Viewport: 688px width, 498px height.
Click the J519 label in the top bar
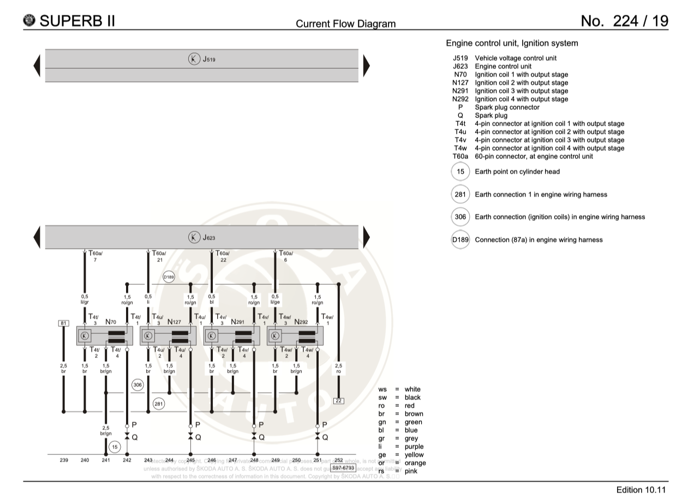click(209, 59)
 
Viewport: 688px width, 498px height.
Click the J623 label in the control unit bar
click(209, 237)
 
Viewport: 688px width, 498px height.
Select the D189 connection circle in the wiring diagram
click(169, 277)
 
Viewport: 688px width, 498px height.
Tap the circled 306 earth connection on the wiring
click(137, 385)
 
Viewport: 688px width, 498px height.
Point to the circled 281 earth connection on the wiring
click(158, 404)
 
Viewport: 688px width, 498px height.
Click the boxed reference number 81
click(63, 324)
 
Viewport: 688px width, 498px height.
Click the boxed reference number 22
click(339, 401)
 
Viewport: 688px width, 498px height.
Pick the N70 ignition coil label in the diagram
click(111, 322)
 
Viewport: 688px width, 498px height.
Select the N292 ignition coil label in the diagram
click(301, 322)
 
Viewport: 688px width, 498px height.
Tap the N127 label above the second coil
click(175, 322)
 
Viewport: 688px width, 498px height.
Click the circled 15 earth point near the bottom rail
click(115, 447)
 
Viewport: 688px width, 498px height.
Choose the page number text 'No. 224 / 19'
click(624, 21)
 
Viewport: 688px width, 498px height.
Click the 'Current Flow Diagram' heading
click(345, 23)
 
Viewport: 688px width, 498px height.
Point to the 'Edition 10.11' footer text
click(641, 490)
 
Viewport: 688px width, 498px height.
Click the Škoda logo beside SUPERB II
click(29, 21)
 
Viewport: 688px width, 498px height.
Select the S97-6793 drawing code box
click(343, 467)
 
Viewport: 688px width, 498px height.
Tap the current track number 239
click(64, 460)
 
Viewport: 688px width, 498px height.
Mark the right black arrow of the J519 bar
click(366, 65)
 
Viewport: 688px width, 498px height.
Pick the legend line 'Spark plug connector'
click(507, 107)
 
